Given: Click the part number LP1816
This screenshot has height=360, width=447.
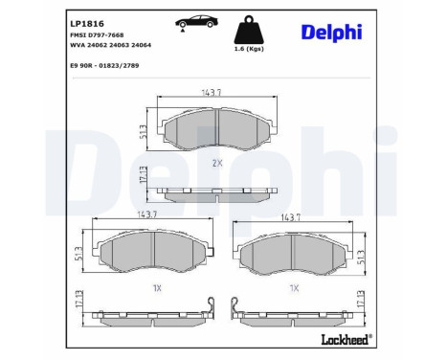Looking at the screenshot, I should tap(86, 20).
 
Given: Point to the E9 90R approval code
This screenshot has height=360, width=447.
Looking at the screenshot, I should tap(110, 65).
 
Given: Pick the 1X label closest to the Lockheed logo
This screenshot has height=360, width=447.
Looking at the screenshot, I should tap(296, 287).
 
